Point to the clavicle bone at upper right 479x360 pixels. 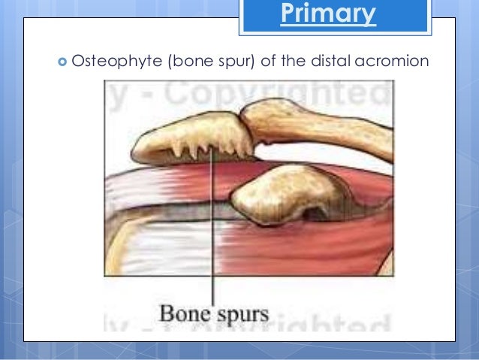(x=330, y=124)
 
